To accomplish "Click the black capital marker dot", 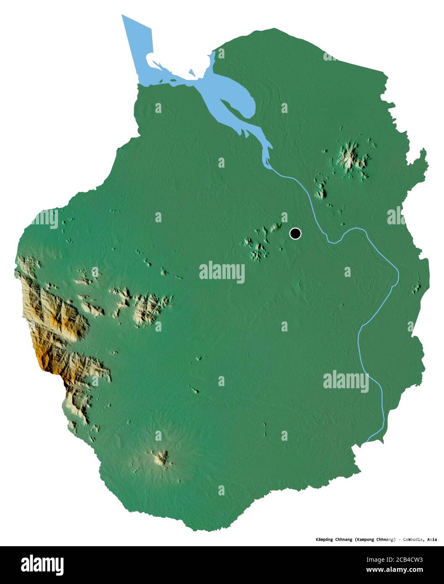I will tap(296, 234).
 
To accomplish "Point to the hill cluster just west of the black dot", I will tap(259, 244).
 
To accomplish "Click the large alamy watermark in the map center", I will tap(222, 272).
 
